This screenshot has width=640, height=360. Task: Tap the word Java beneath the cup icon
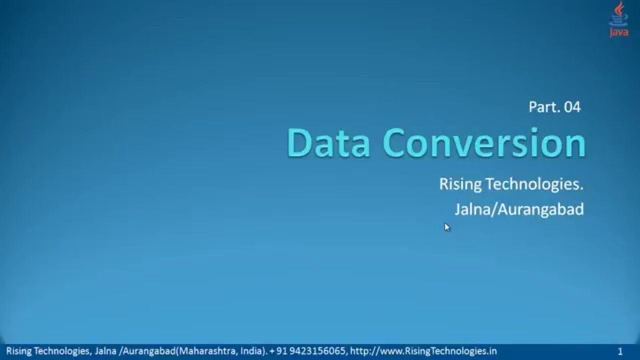point(619,32)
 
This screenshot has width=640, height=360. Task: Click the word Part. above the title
point(544,107)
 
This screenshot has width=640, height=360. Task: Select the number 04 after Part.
point(571,107)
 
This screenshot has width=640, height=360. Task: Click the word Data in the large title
point(328,143)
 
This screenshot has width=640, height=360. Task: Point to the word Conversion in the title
point(484,143)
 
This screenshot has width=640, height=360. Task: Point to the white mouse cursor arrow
point(446,227)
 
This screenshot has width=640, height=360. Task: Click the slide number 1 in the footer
point(620,351)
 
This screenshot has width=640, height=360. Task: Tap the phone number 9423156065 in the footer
point(317,351)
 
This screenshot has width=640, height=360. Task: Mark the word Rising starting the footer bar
point(18,351)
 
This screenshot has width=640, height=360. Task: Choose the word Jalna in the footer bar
point(105,351)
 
